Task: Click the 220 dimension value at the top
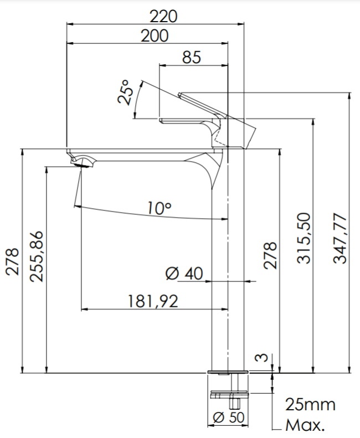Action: [163, 17]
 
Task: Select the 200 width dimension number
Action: [155, 36]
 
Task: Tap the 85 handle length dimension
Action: [192, 57]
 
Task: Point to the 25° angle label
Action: [124, 92]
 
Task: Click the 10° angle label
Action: [160, 208]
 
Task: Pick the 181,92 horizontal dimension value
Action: [153, 301]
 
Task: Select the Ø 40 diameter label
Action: [184, 274]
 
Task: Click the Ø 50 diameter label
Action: [229, 418]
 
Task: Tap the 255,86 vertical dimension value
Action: [37, 256]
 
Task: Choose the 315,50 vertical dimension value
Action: [304, 238]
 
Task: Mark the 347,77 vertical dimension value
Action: [340, 238]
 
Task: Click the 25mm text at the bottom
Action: [310, 405]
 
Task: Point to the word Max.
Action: [305, 425]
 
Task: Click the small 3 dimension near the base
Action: [262, 358]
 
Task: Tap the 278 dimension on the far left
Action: [12, 262]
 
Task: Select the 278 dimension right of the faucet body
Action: [270, 256]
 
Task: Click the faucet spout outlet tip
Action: [82, 166]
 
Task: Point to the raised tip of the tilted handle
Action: [179, 94]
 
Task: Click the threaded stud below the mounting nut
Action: [235, 402]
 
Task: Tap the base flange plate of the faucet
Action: [228, 372]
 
